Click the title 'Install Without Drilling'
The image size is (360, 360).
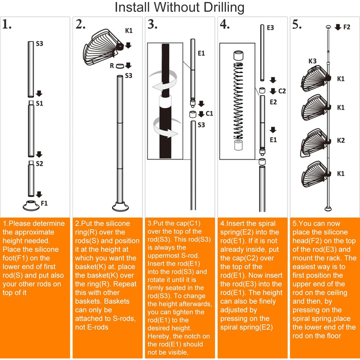pyautogui.click(x=179, y=8)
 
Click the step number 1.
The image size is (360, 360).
pyautogui.click(x=7, y=25)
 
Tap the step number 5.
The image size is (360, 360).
pyautogui.click(x=297, y=25)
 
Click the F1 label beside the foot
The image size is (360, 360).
pyautogui.click(x=44, y=203)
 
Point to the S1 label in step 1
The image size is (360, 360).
pyautogui.click(x=39, y=103)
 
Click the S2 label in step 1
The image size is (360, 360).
pyautogui.click(x=39, y=164)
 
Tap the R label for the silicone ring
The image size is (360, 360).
pyautogui.click(x=112, y=66)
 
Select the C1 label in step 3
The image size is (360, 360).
pyautogui.click(x=209, y=114)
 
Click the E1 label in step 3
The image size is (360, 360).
pyautogui.click(x=202, y=53)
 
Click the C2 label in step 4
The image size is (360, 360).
pyautogui.click(x=281, y=91)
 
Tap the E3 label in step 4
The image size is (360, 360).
pyautogui.click(x=271, y=27)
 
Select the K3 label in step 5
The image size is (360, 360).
pyautogui.click(x=313, y=61)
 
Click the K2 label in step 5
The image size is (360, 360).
pyautogui.click(x=340, y=140)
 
